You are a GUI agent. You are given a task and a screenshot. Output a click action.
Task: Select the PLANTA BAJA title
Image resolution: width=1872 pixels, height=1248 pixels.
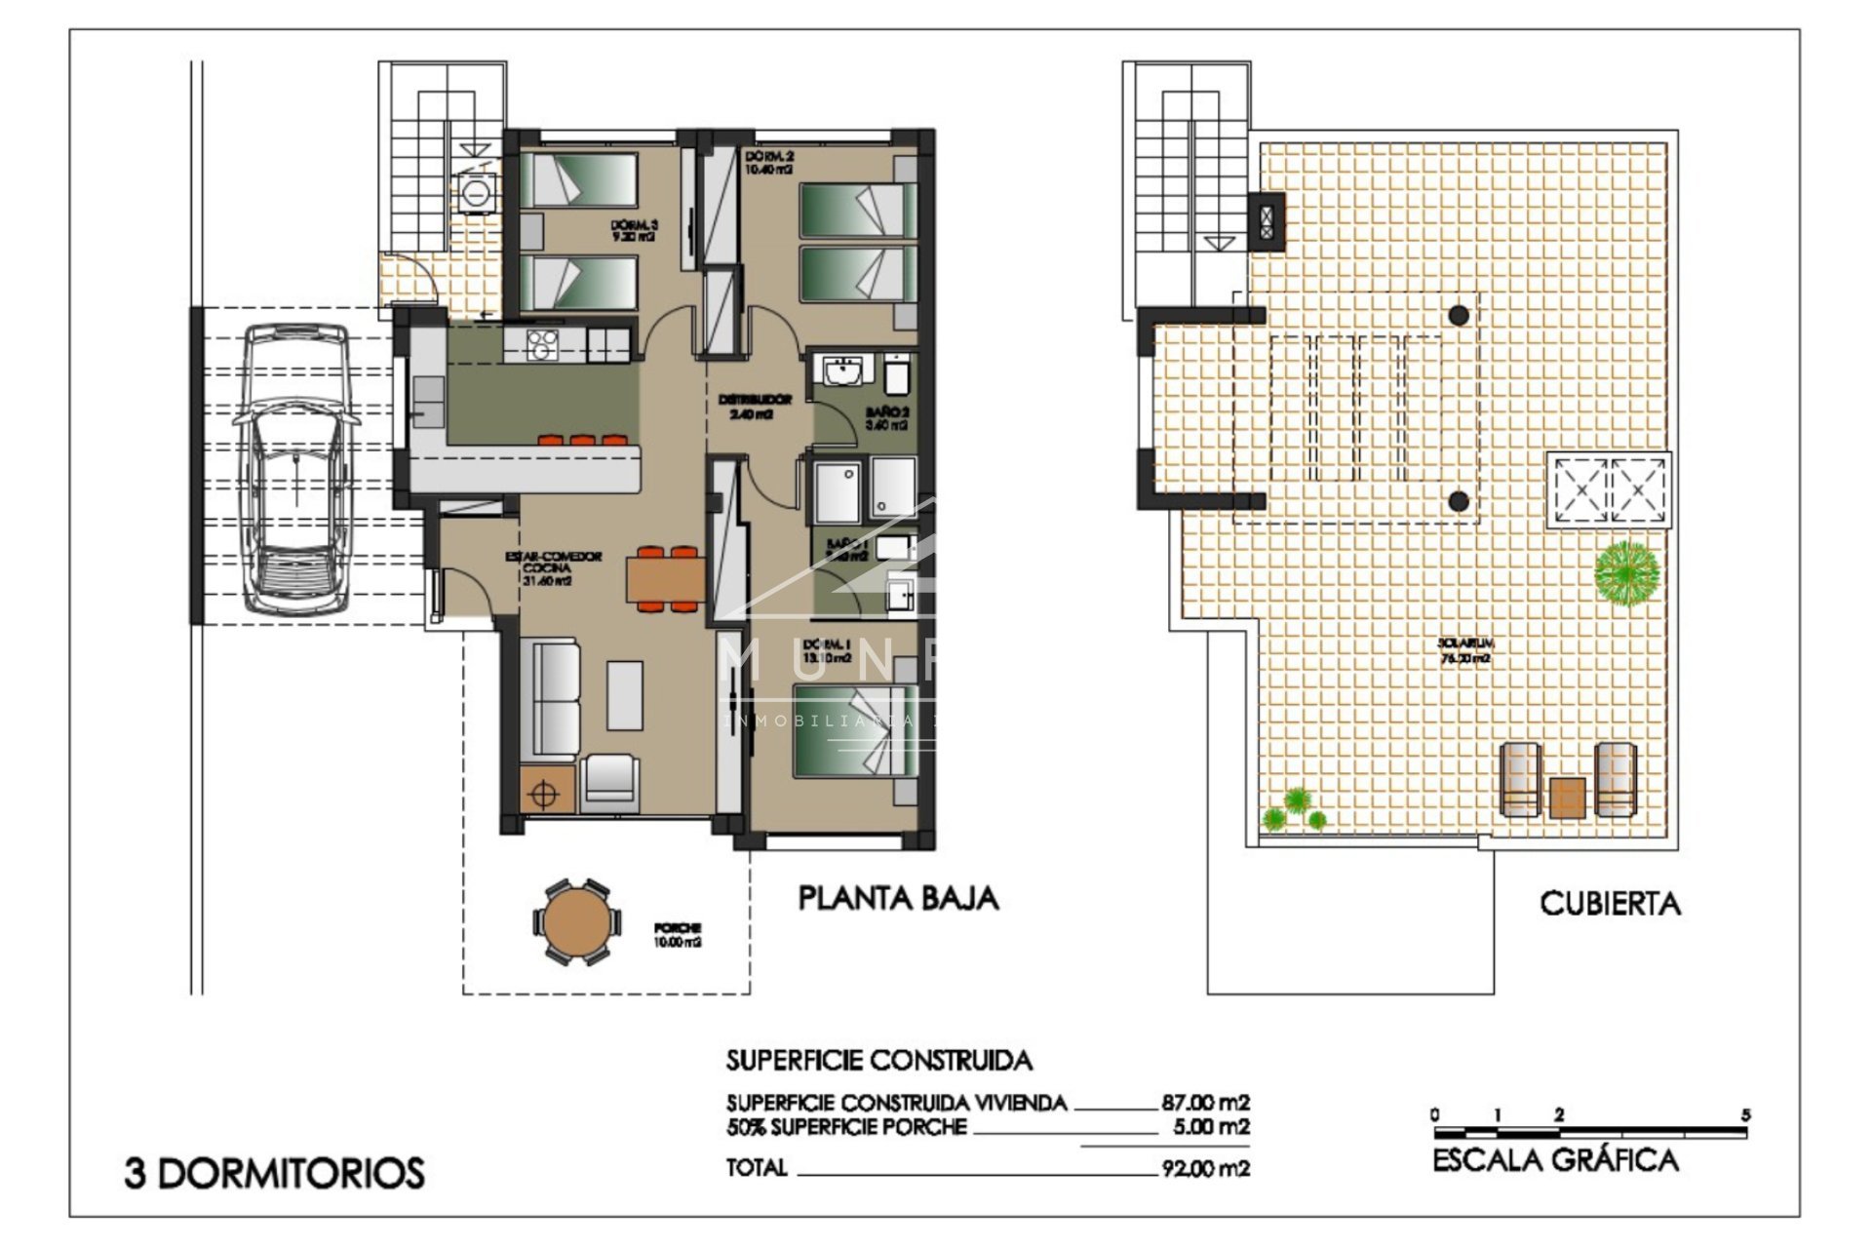pyautogui.click(x=898, y=898)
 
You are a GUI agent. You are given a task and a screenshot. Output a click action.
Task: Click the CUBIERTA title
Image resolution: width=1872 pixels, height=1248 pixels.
pyautogui.click(x=1610, y=904)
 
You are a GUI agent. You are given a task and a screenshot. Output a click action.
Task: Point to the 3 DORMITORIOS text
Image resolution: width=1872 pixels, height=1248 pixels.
pyautogui.click(x=275, y=1173)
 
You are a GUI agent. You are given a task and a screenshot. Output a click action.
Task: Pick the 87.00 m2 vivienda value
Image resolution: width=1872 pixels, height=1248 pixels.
pyautogui.click(x=1205, y=1103)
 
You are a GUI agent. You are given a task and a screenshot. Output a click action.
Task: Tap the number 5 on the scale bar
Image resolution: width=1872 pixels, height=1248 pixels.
pyautogui.click(x=1745, y=1114)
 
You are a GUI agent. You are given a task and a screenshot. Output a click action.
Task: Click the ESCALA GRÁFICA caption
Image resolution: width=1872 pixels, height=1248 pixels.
pyautogui.click(x=1555, y=1160)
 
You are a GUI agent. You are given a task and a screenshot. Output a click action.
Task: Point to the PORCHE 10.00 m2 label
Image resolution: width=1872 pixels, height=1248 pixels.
pyautogui.click(x=678, y=935)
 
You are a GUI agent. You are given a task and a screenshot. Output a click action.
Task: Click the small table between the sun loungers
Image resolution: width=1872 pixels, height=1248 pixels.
pyautogui.click(x=1567, y=797)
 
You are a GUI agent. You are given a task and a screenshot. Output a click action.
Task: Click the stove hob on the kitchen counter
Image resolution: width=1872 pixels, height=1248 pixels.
pyautogui.click(x=541, y=343)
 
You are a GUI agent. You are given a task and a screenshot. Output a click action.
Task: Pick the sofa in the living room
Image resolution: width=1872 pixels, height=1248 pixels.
pyautogui.click(x=551, y=698)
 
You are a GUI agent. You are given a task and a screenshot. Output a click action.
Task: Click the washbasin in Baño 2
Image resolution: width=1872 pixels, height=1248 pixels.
pyautogui.click(x=842, y=372)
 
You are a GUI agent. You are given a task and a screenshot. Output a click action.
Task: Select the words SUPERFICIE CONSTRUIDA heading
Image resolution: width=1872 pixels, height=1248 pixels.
pyautogui.click(x=878, y=1060)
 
